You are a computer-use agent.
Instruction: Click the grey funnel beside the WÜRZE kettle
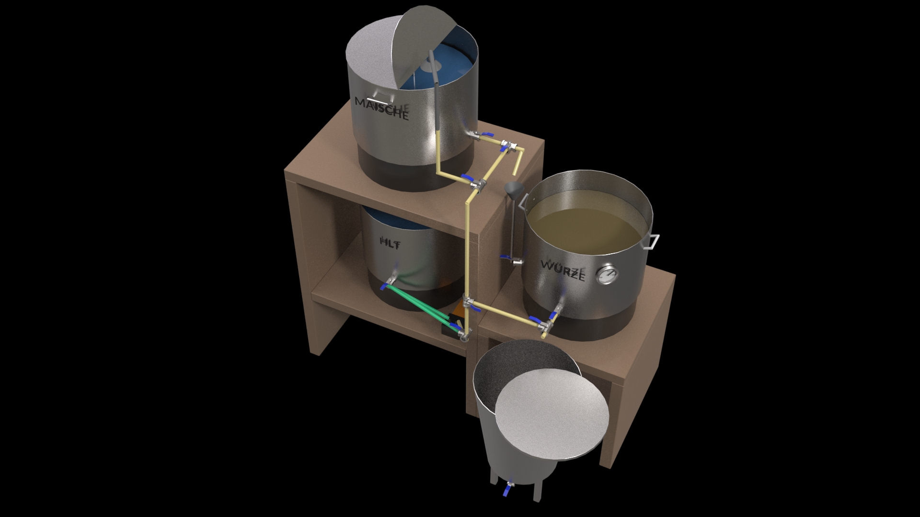513,190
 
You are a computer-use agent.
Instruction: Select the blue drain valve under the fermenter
508,503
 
